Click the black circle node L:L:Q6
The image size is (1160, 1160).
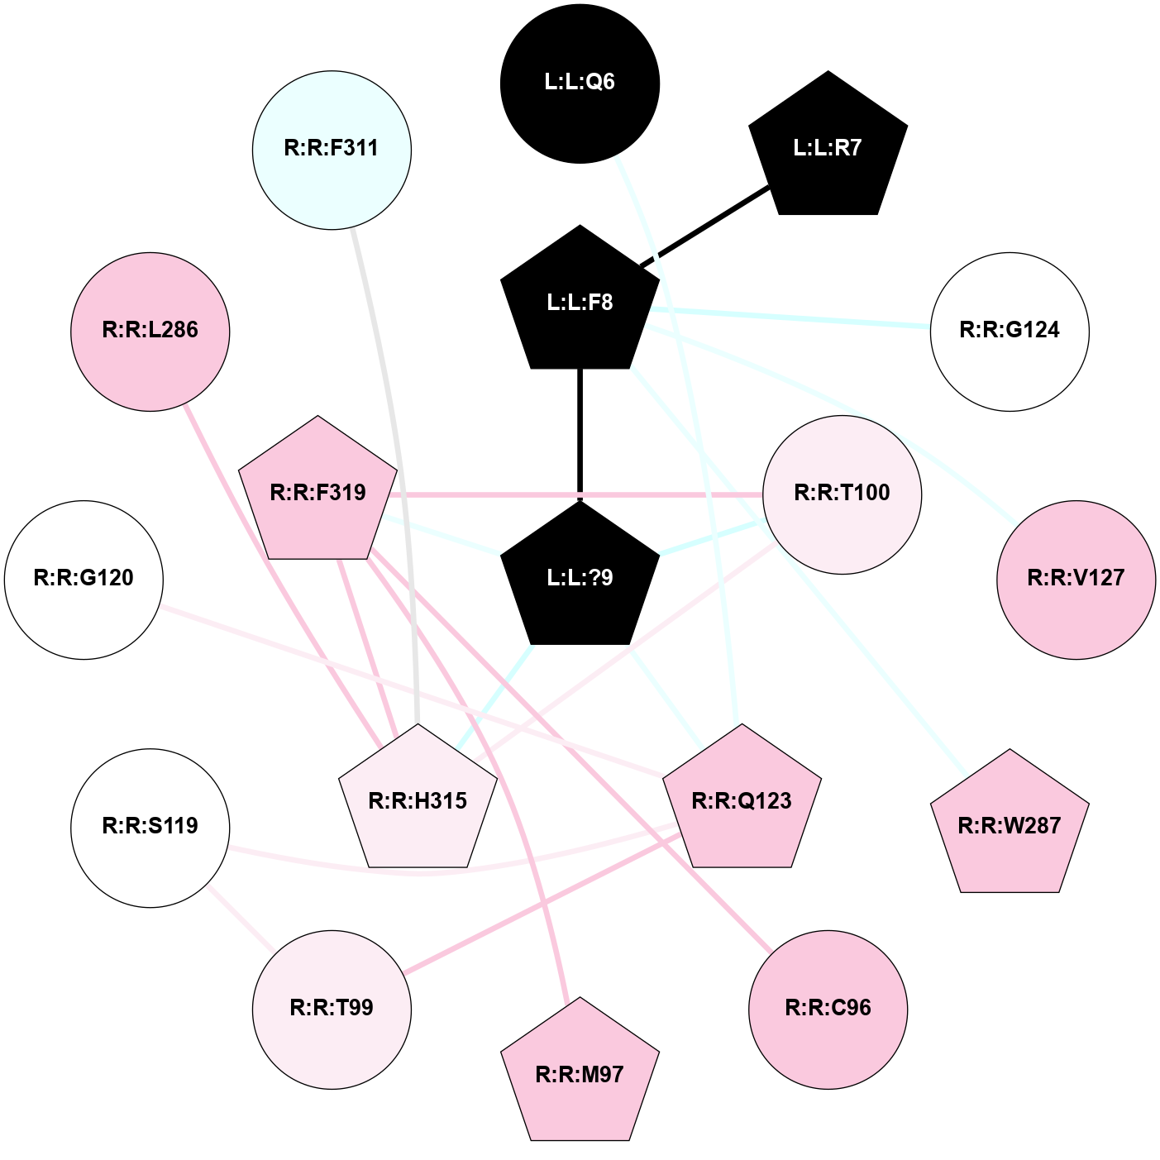point(580,83)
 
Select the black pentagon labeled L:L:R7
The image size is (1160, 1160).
point(828,149)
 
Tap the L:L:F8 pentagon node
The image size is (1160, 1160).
point(580,302)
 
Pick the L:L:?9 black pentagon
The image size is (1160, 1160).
point(580,577)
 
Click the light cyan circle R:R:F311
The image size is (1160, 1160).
point(332,149)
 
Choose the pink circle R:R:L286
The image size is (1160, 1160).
point(150,331)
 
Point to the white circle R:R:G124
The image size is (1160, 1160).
point(1010,331)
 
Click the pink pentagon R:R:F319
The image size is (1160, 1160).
point(318,493)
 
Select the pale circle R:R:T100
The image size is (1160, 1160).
point(842,494)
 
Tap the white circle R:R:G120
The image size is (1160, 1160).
point(84,579)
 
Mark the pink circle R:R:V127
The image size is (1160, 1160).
point(1076,579)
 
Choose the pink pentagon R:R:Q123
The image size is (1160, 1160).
point(742,800)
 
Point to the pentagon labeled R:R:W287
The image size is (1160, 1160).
point(1010,825)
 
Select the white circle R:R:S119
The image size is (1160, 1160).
point(150,827)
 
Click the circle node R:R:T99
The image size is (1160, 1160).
point(332,1009)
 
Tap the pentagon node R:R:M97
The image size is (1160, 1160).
point(580,1074)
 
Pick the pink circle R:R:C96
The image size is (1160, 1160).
point(828,1009)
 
